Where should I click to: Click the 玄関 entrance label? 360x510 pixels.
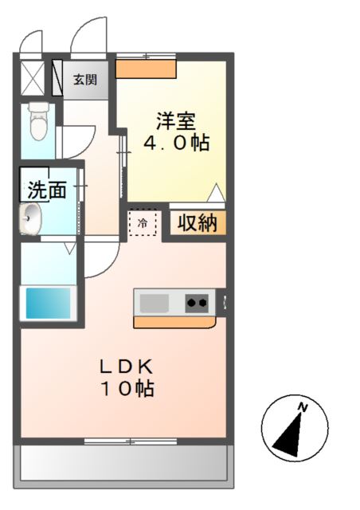[x=85, y=80]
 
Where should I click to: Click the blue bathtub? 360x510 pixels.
[x=49, y=303]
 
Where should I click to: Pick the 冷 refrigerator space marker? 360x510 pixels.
[x=143, y=223]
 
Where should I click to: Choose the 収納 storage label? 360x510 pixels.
[x=196, y=223]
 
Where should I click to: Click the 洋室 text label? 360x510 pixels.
[x=176, y=122]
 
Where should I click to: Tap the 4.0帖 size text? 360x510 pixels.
[x=176, y=144]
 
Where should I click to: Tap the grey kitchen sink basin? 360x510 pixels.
[x=155, y=303]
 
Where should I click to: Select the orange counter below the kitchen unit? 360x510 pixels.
[x=174, y=323]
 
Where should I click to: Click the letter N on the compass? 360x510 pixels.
[x=302, y=408]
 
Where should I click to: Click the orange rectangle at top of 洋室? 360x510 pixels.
[x=145, y=69]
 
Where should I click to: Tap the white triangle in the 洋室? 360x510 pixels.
[x=215, y=193]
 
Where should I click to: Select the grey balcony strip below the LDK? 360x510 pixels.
[x=124, y=462]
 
